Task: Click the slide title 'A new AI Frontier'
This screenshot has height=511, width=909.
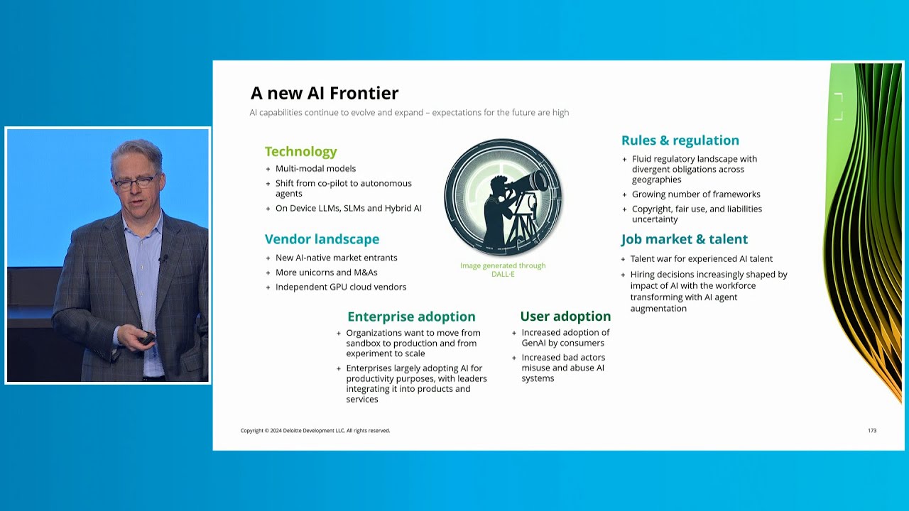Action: point(325,93)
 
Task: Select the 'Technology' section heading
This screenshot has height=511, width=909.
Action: point(300,152)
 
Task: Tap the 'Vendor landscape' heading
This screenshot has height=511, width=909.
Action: point(322,239)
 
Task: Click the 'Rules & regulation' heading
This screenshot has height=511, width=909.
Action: point(680,141)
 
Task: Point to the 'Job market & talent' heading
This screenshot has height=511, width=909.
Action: point(684,239)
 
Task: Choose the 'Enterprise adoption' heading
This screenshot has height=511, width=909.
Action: point(411,317)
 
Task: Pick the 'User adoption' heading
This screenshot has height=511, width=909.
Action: point(565,317)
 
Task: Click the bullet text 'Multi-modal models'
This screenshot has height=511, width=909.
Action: point(315,169)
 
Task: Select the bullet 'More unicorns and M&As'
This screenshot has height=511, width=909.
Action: point(326,273)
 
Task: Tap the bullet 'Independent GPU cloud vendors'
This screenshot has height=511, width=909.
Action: point(340,287)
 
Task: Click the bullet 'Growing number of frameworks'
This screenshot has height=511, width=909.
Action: point(696,194)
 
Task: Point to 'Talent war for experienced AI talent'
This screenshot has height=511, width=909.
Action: point(701,259)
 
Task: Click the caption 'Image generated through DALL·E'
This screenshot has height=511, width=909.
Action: point(503,270)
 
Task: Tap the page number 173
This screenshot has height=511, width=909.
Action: point(872,430)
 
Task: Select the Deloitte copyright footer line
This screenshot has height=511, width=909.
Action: point(315,431)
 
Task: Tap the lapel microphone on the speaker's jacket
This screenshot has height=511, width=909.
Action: point(163,258)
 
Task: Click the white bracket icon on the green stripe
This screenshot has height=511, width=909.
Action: point(839,106)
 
